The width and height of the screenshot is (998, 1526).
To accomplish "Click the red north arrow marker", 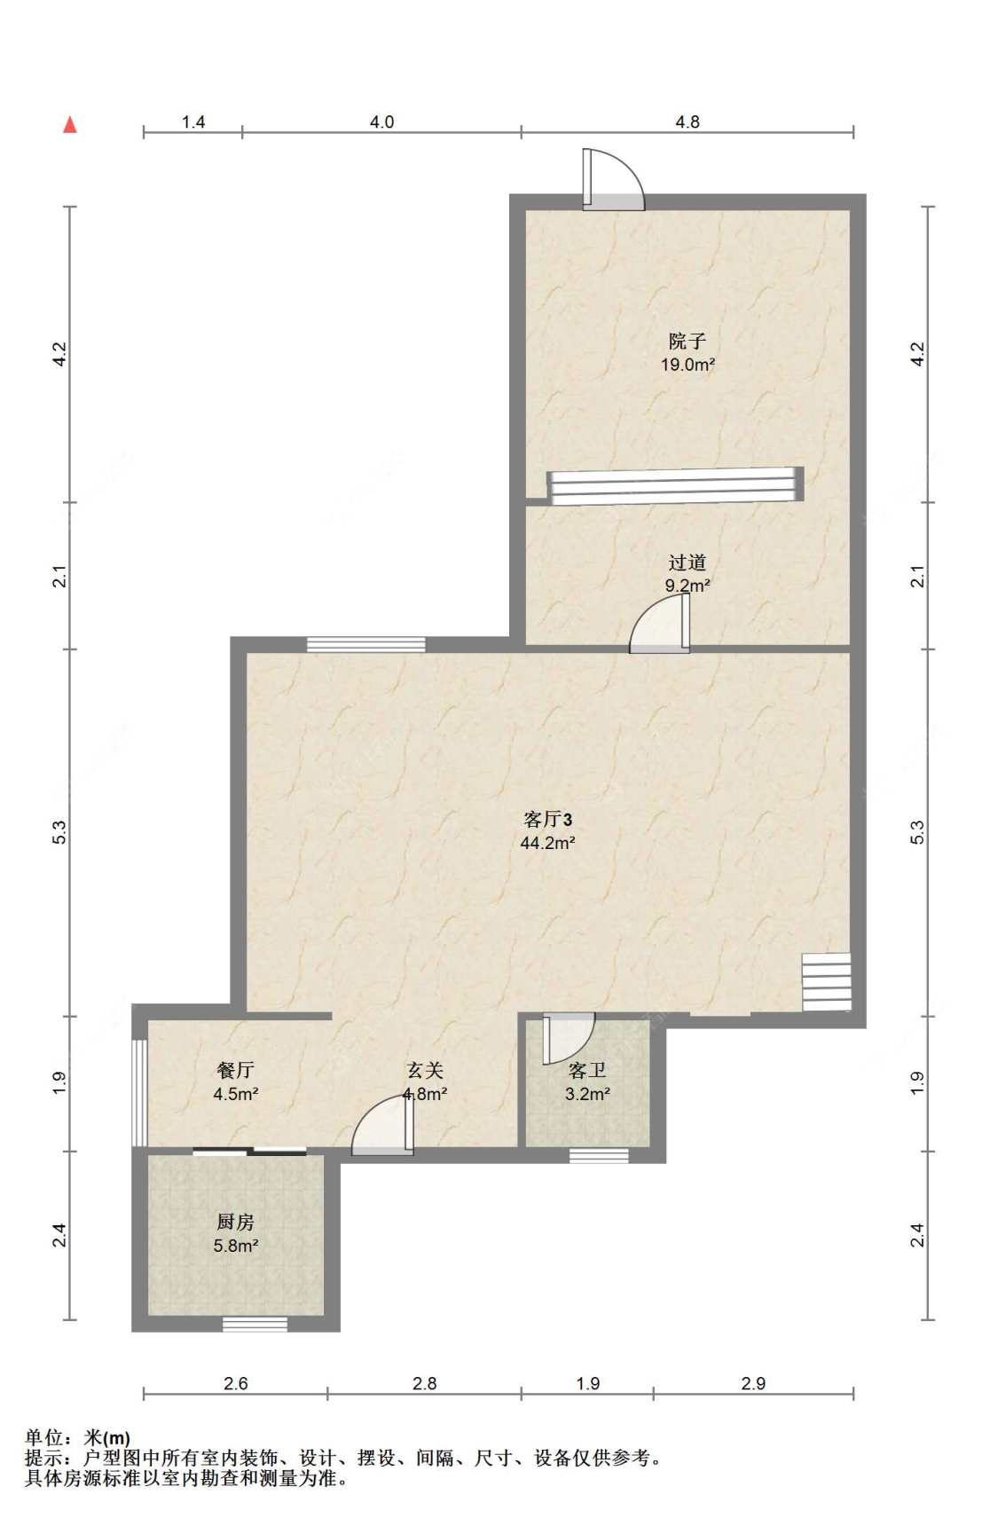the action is pos(70,124).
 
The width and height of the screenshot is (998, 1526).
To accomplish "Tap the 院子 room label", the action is pos(688,341).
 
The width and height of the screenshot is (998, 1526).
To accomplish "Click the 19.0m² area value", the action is pos(688,365).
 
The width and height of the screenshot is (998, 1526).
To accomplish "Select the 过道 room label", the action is pos(688,562).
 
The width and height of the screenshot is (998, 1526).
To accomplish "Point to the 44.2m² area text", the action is pos(547,843).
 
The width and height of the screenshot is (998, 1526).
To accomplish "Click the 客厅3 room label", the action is pos(547,819).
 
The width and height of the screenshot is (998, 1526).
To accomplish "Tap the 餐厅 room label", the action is pos(235,1070).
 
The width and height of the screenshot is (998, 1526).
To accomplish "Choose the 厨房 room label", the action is pos(235,1223).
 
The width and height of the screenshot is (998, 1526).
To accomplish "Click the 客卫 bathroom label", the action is pos(587,1071).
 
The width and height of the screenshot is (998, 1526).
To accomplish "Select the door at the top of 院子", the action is pos(613,179).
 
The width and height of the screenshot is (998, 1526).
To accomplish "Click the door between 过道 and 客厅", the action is pos(660,624).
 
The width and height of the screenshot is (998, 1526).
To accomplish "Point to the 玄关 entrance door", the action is pos(382,1126).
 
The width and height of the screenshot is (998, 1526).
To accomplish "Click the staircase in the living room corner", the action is pos(827,982).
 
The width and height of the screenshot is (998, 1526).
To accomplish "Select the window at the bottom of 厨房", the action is pos(255,1325).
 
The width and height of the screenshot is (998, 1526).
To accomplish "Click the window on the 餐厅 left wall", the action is pos(139,1092).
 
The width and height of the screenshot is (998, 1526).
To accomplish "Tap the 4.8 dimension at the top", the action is pos(688,122).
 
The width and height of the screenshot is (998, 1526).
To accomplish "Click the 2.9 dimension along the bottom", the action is pos(753,1383).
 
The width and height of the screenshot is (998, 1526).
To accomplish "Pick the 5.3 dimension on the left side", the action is pos(59,832).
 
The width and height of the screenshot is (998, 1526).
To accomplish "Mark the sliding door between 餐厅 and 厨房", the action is pos(249,1152).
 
